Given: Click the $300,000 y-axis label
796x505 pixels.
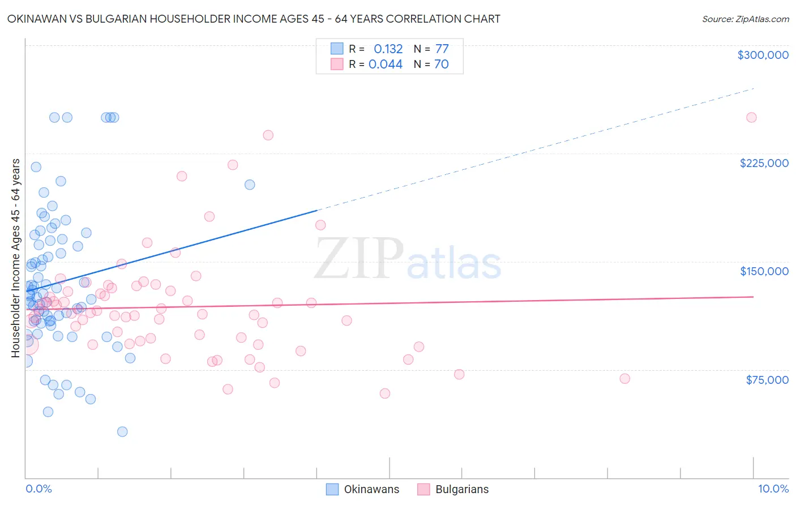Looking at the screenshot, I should point(763,55).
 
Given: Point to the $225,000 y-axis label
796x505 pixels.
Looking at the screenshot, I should point(764,163).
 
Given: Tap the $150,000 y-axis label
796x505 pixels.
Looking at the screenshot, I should point(764,271).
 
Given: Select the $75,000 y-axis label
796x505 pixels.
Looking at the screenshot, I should point(767,380).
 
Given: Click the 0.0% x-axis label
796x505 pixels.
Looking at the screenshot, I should point(38,489).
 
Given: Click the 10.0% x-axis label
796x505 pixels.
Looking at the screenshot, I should point(773,489).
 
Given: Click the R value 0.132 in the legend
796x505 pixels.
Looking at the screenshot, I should point(388,49).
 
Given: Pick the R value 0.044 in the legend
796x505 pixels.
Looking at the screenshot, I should point(386,65).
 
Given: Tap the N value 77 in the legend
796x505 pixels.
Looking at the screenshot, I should point(442,49).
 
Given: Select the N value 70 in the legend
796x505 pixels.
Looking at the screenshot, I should point(442,65).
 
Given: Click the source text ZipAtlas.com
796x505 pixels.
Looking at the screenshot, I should point(745,19).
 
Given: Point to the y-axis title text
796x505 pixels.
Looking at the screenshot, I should point(16,258).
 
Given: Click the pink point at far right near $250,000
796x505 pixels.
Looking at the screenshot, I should point(751,118).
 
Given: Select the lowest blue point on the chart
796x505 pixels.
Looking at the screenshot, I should point(122,431).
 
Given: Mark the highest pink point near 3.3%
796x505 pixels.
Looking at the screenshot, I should point(268,135).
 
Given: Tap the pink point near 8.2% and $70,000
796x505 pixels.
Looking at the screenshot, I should point(624,379).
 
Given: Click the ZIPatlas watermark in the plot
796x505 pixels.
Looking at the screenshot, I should point(408,259).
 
